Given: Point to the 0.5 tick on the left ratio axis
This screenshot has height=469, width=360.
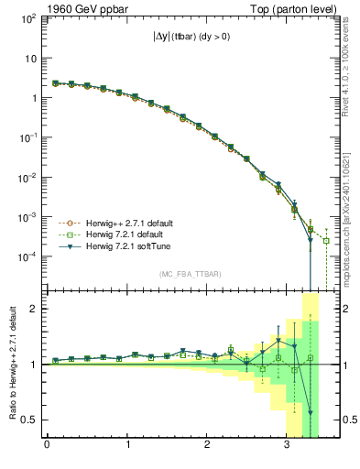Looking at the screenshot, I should (31, 420).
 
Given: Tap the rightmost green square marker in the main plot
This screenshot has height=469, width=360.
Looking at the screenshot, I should (326, 241).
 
